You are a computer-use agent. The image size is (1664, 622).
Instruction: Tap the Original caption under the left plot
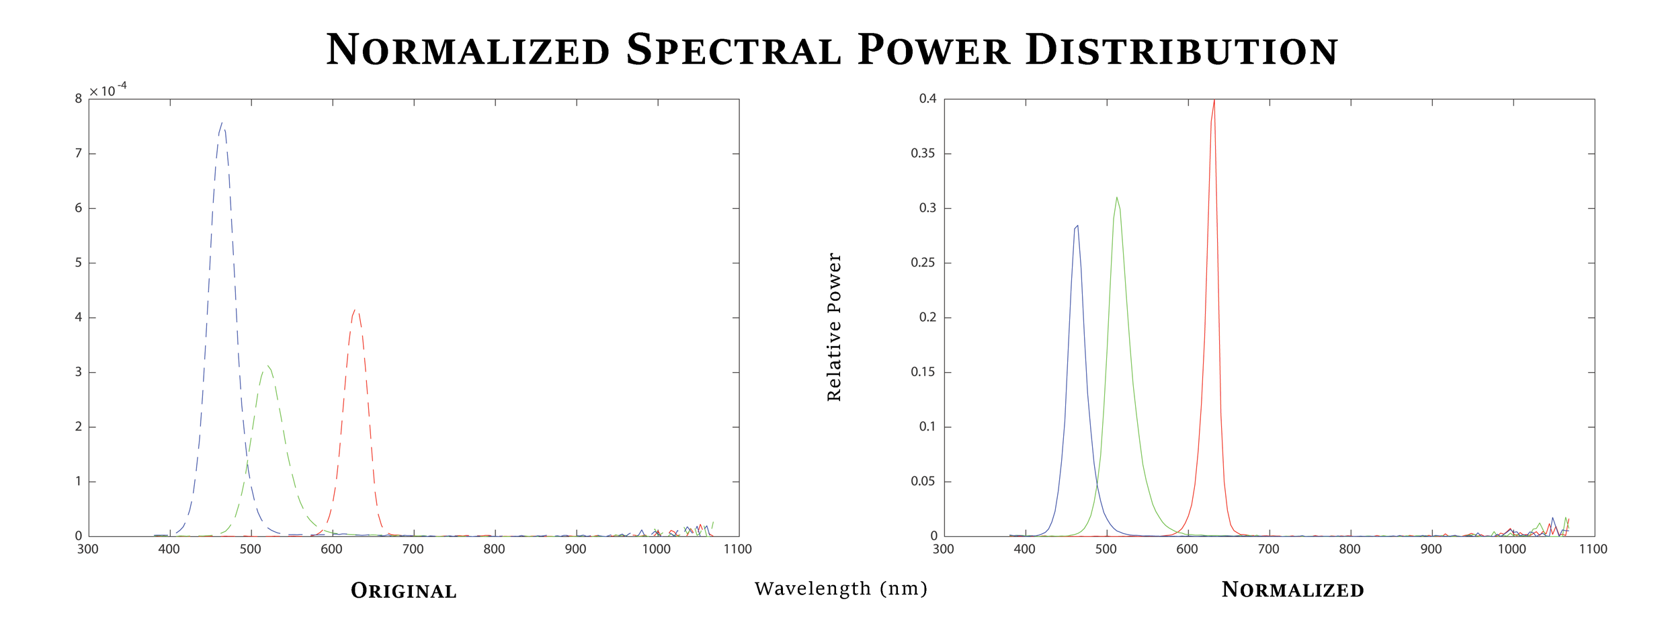click(404, 591)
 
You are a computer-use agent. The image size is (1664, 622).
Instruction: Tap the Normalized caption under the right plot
click(1292, 590)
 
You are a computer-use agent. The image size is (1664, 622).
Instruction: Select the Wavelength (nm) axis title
click(841, 588)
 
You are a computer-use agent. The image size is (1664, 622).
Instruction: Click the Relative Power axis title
click(834, 327)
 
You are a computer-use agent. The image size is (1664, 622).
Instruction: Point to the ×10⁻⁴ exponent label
click(108, 90)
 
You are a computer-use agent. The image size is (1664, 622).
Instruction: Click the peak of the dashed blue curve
click(222, 124)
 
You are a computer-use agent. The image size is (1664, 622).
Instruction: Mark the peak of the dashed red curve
click(356, 310)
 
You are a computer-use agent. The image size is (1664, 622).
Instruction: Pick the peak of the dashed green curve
click(267, 366)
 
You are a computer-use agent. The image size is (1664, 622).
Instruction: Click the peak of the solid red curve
click(1214, 101)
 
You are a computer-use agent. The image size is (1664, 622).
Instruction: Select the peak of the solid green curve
click(1116, 197)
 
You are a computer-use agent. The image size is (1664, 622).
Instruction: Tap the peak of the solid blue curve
click(1077, 226)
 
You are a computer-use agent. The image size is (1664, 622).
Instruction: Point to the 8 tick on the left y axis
click(79, 99)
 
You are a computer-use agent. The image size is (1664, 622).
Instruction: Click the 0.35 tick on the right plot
click(922, 153)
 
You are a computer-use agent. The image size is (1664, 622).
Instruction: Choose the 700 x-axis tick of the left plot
click(413, 549)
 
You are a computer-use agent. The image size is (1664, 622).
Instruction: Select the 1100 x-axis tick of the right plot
click(1593, 549)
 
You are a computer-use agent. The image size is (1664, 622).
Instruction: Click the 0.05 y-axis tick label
click(922, 482)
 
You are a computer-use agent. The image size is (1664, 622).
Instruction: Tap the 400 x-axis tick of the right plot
click(1024, 549)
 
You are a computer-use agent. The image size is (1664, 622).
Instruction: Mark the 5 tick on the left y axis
click(79, 263)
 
